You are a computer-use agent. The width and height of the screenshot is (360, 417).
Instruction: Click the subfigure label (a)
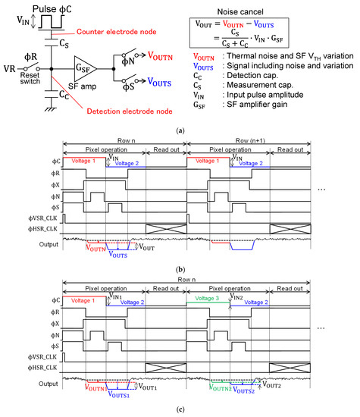[x=180, y=130]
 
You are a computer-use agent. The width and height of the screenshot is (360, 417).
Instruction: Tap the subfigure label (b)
[x=180, y=270]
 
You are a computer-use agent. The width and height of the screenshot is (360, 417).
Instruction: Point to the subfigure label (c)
[x=180, y=410]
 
